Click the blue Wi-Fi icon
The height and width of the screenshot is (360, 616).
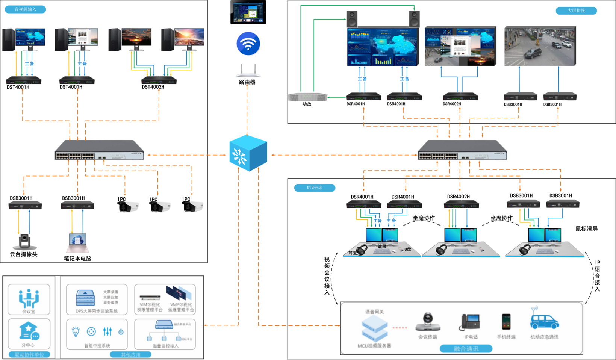(x=248, y=44)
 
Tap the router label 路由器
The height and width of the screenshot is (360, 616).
(x=247, y=82)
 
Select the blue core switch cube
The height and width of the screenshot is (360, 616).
(x=248, y=154)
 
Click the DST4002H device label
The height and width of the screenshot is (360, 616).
(x=153, y=87)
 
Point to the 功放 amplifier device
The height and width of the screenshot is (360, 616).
(x=307, y=97)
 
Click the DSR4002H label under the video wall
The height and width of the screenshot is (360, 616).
(x=451, y=104)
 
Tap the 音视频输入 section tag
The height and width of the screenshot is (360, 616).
(x=25, y=9)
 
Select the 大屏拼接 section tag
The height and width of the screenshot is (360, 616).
(x=576, y=11)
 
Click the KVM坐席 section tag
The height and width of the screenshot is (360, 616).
(x=315, y=188)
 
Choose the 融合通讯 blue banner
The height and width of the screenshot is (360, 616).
(x=466, y=349)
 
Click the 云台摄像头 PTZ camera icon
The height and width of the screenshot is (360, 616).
(x=25, y=242)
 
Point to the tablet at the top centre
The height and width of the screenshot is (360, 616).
(x=248, y=12)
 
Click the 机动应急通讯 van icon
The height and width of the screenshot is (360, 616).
(x=544, y=319)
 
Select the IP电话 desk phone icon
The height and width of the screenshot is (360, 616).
(x=470, y=322)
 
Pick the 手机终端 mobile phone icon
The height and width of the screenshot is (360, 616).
(x=506, y=322)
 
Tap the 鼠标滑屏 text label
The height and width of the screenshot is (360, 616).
(x=586, y=229)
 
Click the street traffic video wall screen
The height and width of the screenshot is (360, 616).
(x=540, y=46)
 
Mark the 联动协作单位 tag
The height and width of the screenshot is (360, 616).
(x=29, y=355)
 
